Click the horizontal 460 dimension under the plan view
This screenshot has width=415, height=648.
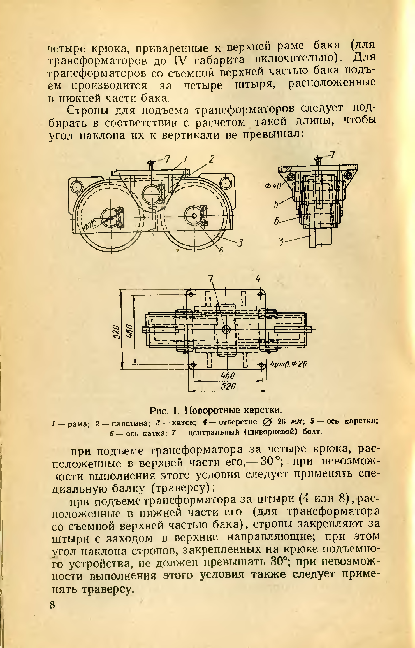(x=227, y=375)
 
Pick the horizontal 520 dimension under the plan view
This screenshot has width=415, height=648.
(x=228, y=387)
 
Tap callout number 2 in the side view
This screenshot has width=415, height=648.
(x=211, y=159)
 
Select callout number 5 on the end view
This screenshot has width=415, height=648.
(x=276, y=205)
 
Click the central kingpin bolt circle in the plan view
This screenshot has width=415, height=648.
(x=226, y=330)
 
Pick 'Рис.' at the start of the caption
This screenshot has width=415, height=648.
(x=158, y=411)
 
